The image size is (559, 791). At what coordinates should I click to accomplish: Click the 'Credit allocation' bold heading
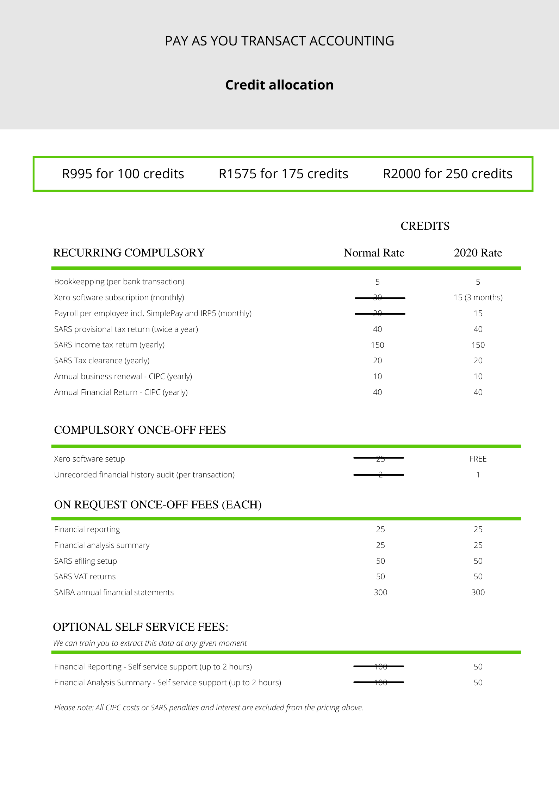(x=279, y=85)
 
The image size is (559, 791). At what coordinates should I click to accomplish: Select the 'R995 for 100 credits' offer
(x=123, y=174)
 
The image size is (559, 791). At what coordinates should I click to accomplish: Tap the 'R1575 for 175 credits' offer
(x=283, y=174)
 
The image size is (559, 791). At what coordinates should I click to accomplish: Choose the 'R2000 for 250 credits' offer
(x=447, y=174)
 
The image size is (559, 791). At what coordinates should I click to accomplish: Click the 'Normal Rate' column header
(x=374, y=253)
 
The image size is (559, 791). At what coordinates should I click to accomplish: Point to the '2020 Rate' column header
(x=478, y=253)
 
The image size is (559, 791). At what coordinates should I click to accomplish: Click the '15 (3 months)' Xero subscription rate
(x=478, y=297)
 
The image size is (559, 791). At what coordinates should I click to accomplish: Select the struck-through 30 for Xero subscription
(x=378, y=298)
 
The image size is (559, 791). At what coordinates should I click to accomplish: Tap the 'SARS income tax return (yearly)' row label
(x=109, y=345)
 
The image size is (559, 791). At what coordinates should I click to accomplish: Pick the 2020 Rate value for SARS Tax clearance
(x=478, y=360)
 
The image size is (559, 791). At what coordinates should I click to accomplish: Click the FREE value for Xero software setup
(x=478, y=459)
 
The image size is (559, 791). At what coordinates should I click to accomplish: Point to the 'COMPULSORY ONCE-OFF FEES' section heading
(x=140, y=430)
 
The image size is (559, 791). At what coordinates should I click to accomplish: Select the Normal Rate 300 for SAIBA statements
(x=380, y=592)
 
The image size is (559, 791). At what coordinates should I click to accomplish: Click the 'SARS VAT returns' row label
(x=85, y=576)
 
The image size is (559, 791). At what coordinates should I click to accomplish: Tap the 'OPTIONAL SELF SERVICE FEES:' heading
(x=141, y=627)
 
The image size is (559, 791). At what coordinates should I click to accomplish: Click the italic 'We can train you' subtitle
(x=150, y=643)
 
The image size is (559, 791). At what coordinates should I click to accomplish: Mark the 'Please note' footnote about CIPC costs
(x=209, y=707)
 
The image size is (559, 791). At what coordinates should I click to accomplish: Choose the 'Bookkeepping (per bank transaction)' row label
(x=119, y=282)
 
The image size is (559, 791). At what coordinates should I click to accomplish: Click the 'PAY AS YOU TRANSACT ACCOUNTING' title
(x=279, y=41)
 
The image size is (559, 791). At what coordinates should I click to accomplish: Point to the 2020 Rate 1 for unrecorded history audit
(x=478, y=475)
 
